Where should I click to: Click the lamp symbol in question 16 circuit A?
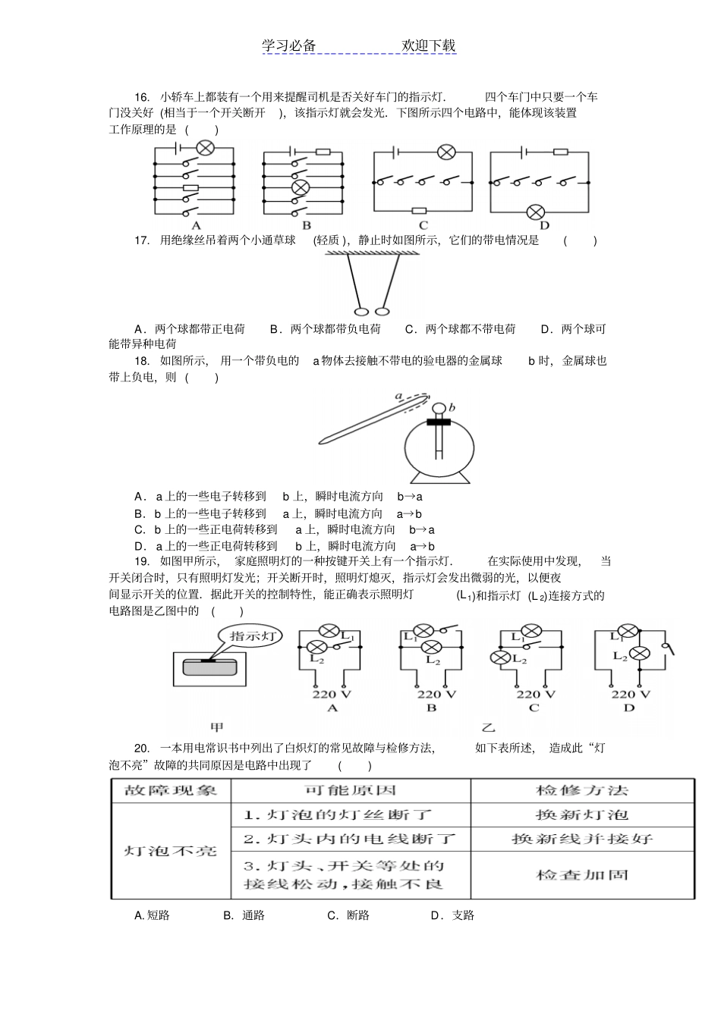(x=204, y=148)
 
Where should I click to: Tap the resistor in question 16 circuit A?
(x=191, y=187)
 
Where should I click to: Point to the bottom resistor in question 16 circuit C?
(x=418, y=211)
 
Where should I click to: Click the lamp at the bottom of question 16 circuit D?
(x=537, y=211)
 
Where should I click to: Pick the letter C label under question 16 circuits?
(x=423, y=225)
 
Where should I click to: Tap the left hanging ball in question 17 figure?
(x=360, y=310)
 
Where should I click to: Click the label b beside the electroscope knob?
(x=452, y=408)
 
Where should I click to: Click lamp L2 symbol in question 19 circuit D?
(x=642, y=654)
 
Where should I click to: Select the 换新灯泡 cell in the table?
(x=581, y=815)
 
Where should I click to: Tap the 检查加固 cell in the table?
(x=581, y=874)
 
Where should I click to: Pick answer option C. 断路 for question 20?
(x=348, y=915)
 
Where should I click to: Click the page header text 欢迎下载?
(x=429, y=46)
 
